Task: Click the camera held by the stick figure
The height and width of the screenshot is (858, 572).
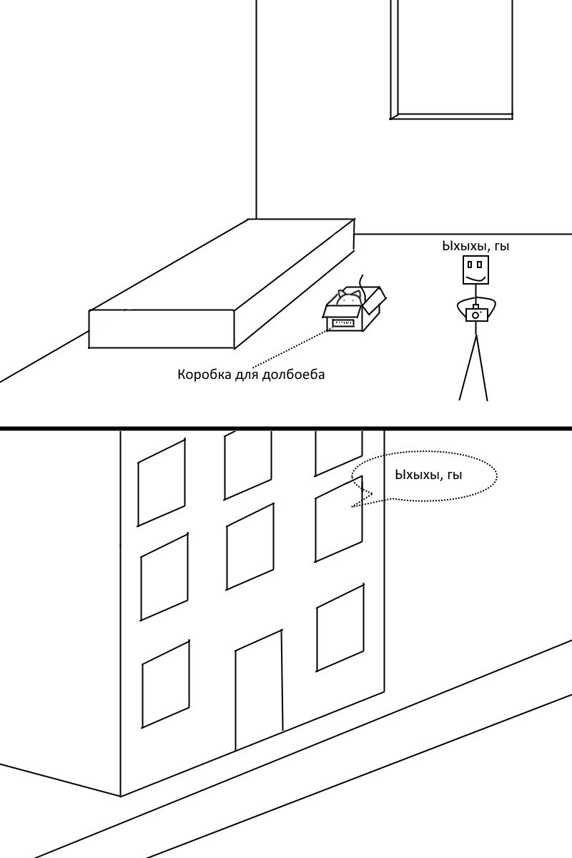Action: [476, 314]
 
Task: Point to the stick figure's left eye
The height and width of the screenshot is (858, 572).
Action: [469, 265]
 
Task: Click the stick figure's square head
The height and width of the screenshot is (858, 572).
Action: [476, 270]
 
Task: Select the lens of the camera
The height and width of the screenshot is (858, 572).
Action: [475, 315]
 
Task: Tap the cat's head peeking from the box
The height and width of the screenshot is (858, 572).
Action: [348, 297]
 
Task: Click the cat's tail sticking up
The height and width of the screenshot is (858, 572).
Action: [362, 282]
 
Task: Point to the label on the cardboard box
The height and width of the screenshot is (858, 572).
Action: [343, 323]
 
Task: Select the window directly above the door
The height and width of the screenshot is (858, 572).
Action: [250, 546]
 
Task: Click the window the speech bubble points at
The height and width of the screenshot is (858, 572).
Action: [339, 518]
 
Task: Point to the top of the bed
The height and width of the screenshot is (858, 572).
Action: [222, 265]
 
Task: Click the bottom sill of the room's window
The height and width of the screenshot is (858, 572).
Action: [452, 117]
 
